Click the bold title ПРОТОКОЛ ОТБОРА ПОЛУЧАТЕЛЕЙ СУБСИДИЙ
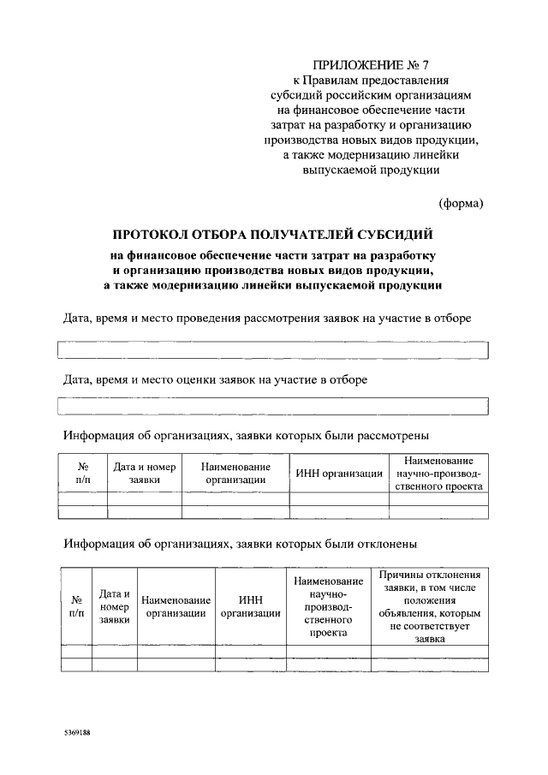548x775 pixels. (273, 234)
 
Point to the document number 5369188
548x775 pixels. (77, 734)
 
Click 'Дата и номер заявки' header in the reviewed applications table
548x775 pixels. (145, 474)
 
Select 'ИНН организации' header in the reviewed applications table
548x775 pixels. (339, 474)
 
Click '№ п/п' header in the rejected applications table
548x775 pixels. (76, 606)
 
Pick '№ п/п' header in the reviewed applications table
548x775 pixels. (83, 474)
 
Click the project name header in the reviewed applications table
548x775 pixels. (439, 474)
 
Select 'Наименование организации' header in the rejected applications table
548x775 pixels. (176, 606)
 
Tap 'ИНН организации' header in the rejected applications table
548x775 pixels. (250, 606)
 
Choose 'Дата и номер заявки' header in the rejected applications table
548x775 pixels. (114, 606)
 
